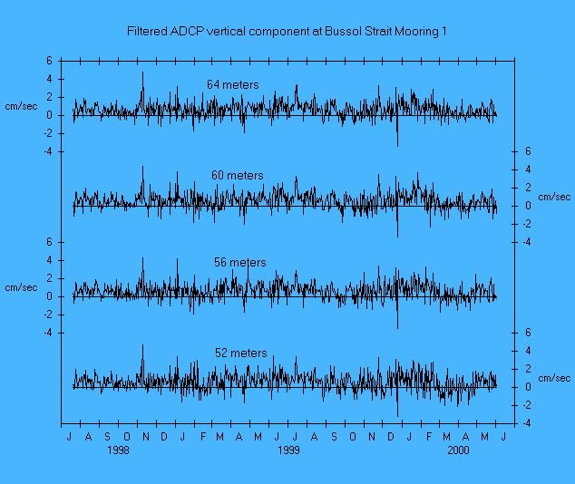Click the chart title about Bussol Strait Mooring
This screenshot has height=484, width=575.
pyautogui.click(x=287, y=32)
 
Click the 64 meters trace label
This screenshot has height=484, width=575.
pyautogui.click(x=232, y=85)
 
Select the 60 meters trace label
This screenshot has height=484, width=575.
pyautogui.click(x=238, y=176)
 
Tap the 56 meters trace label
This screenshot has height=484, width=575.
pyautogui.click(x=240, y=263)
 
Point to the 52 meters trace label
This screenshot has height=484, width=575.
pyautogui.click(x=240, y=353)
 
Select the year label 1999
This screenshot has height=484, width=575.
pyautogui.click(x=288, y=450)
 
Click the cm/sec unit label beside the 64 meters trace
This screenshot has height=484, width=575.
pyautogui.click(x=21, y=107)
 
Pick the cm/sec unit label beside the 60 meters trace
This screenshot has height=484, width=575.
pyautogui.click(x=554, y=197)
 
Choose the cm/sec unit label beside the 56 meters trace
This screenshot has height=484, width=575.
pyautogui.click(x=21, y=287)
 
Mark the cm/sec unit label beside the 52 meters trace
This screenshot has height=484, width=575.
pyautogui.click(x=554, y=378)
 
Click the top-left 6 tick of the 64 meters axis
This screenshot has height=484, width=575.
pyautogui.click(x=50, y=61)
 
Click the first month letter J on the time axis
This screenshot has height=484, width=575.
pyautogui.click(x=70, y=437)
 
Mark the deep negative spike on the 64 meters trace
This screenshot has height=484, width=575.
pyautogui.click(x=397, y=143)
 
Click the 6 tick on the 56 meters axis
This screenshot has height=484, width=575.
pyautogui.click(x=50, y=242)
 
